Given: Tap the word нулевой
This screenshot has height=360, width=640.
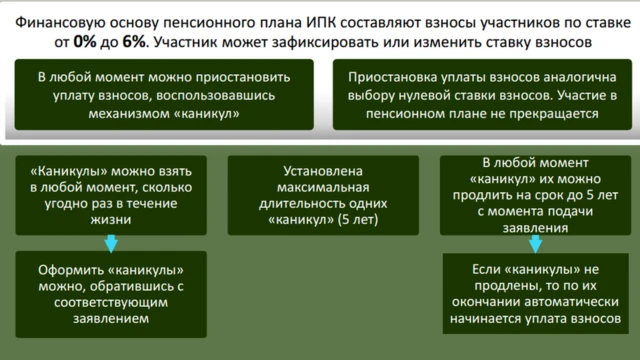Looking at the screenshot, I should click(x=454, y=95).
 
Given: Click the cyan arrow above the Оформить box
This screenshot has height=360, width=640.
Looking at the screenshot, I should click(x=111, y=243).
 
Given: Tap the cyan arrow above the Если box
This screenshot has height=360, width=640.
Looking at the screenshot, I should click(x=522, y=243).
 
